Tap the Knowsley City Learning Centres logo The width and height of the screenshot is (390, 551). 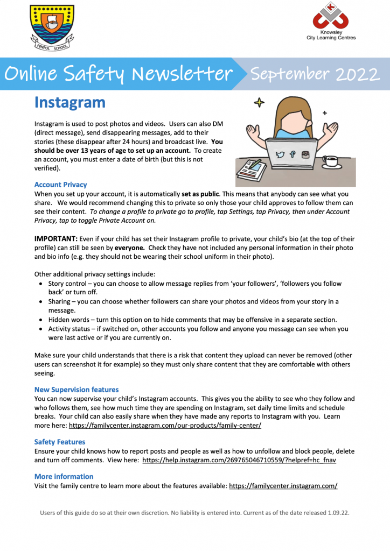(x=330, y=21)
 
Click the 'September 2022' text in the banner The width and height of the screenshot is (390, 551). (x=314, y=74)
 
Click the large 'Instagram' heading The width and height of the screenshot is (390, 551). (x=69, y=102)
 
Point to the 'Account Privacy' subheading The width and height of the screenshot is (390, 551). (x=60, y=185)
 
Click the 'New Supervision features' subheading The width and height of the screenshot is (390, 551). (x=76, y=389)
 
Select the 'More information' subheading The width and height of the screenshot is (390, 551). (x=64, y=476)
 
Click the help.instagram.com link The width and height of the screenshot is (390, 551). (x=239, y=460)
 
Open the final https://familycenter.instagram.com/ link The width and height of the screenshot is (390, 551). (x=283, y=486)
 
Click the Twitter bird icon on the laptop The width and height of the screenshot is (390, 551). (x=280, y=154)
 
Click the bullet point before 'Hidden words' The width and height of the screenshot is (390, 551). (x=42, y=320)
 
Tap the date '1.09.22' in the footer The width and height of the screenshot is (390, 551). (x=338, y=513)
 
